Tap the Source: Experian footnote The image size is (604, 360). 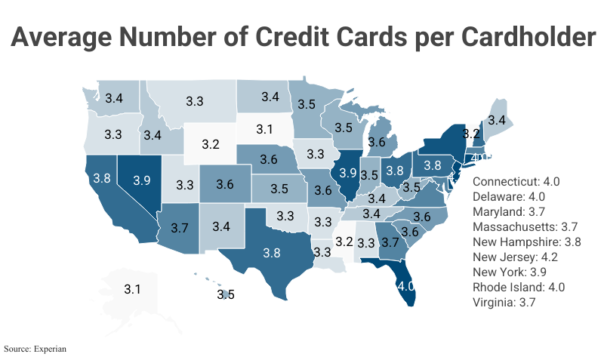[x=35, y=349]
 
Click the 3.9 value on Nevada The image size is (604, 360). [x=142, y=180]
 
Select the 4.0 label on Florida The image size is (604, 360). [x=406, y=287]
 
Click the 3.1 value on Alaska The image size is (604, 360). [x=133, y=289]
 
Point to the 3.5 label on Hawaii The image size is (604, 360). [x=226, y=295]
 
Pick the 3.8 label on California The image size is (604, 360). [x=101, y=180]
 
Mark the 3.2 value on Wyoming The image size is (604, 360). [x=211, y=144]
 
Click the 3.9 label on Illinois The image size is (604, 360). [x=347, y=173]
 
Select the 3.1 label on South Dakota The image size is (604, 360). [x=263, y=129]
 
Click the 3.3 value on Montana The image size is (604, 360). [x=195, y=100]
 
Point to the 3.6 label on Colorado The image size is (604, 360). [x=224, y=184]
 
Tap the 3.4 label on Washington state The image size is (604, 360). [x=114, y=98]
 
